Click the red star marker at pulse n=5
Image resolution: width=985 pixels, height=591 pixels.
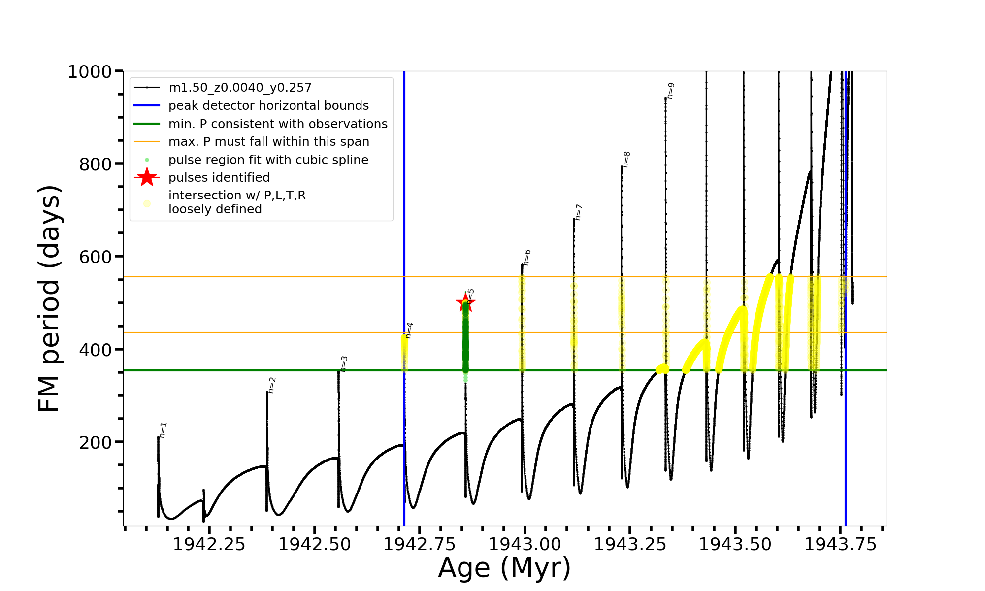click(x=465, y=302)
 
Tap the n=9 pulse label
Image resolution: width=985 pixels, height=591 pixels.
click(x=670, y=91)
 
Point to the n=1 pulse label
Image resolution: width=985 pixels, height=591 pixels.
click(x=164, y=430)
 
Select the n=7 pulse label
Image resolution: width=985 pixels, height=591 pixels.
click(x=579, y=212)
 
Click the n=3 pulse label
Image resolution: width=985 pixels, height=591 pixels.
click(x=344, y=363)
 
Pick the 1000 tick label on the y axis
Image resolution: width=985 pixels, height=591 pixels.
click(x=90, y=72)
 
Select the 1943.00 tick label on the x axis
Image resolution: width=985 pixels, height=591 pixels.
click(x=525, y=544)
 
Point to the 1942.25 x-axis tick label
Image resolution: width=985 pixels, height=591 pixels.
click(x=209, y=544)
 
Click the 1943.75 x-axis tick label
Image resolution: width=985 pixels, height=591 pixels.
click(x=840, y=544)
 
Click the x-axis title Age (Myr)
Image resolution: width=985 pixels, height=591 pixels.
click(x=504, y=568)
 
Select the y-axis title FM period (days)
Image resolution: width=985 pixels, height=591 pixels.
click(x=49, y=298)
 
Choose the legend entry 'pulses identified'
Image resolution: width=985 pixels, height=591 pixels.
click(x=219, y=177)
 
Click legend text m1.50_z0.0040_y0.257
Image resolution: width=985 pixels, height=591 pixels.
click(x=240, y=88)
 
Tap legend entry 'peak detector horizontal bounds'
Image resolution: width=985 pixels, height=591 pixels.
click(x=268, y=106)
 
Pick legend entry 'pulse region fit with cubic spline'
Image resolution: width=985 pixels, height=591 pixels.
click(x=268, y=160)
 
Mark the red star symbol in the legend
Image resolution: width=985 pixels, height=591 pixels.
click(x=147, y=177)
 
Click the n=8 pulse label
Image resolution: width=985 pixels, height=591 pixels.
click(x=626, y=160)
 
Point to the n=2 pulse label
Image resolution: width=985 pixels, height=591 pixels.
click(x=272, y=385)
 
